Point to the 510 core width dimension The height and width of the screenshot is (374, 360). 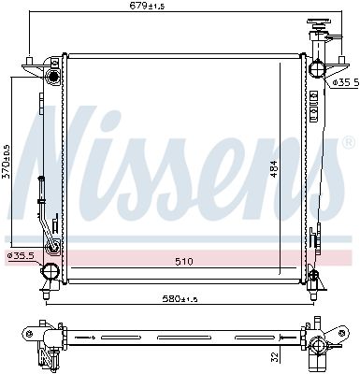click(182, 262)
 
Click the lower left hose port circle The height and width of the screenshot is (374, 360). click(49, 272)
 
